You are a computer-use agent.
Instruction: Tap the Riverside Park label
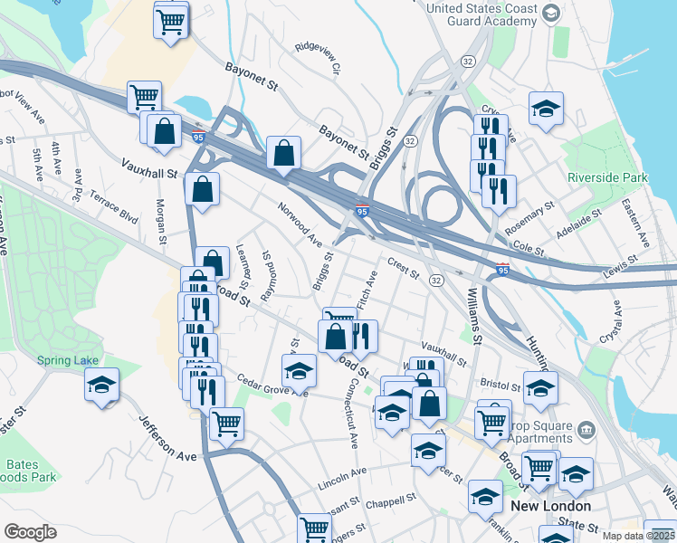tap(604, 177)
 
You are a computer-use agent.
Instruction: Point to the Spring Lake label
tap(68, 360)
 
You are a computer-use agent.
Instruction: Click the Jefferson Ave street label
tap(167, 439)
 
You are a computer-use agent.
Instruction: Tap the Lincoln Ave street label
tap(342, 479)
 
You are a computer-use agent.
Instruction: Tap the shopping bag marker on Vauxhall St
tap(202, 188)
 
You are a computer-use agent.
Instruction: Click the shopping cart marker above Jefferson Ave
tap(225, 422)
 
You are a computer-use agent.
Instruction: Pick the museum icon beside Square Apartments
tap(586, 427)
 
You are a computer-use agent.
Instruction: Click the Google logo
tap(31, 532)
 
